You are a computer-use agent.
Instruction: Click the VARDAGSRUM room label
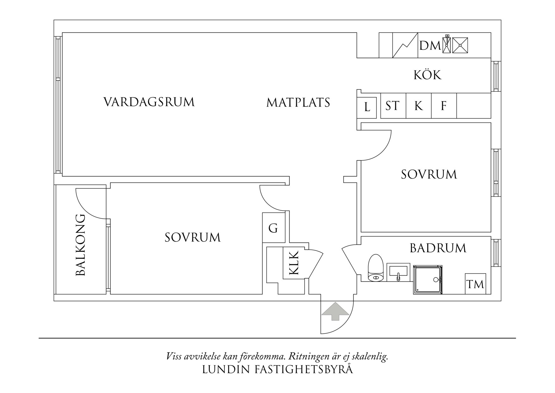click(x=149, y=102)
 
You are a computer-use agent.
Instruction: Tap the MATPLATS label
click(x=298, y=103)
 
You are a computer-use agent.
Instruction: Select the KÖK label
click(x=427, y=75)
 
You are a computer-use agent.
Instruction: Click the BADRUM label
click(x=438, y=248)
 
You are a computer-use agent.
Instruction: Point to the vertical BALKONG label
click(x=81, y=245)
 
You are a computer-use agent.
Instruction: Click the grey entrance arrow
click(x=335, y=312)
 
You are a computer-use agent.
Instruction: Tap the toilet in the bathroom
click(x=376, y=268)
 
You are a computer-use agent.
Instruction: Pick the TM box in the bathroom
click(x=475, y=284)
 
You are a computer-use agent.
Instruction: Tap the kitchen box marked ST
click(x=393, y=106)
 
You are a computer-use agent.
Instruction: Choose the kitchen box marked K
click(x=418, y=106)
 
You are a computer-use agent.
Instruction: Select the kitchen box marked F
click(x=444, y=106)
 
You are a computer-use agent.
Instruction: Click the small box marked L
click(x=367, y=107)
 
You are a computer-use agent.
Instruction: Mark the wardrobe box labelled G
click(x=273, y=228)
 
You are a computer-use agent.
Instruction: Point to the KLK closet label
click(x=294, y=263)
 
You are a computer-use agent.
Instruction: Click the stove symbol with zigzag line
click(x=405, y=45)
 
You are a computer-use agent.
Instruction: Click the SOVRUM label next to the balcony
click(x=192, y=238)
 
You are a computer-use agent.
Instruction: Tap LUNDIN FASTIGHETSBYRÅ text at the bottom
click(x=277, y=370)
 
